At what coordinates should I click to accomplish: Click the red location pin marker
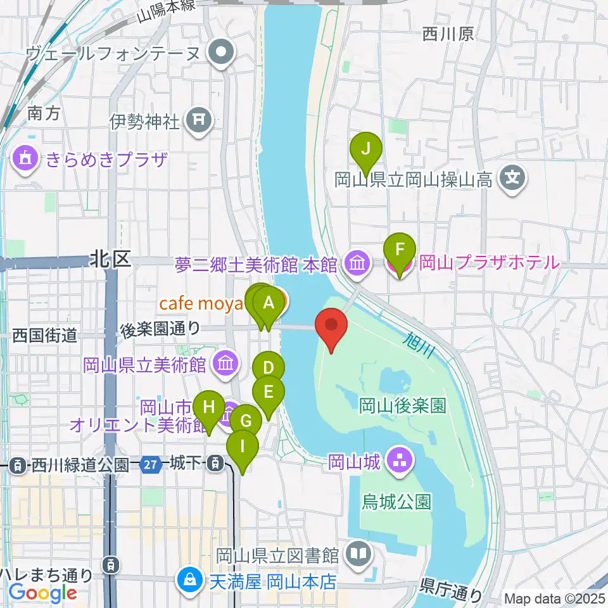[331, 327]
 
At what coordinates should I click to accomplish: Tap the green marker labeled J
[366, 149]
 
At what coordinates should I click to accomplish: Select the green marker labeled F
[400, 250]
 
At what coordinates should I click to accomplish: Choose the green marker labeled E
[268, 393]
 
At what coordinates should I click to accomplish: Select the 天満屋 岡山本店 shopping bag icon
[189, 581]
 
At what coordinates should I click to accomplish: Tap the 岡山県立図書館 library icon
[358, 555]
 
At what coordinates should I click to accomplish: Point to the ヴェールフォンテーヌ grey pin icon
[222, 53]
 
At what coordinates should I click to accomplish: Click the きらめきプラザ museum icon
[25, 157]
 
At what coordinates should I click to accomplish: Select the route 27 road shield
[150, 465]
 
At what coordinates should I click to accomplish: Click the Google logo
[43, 593]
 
